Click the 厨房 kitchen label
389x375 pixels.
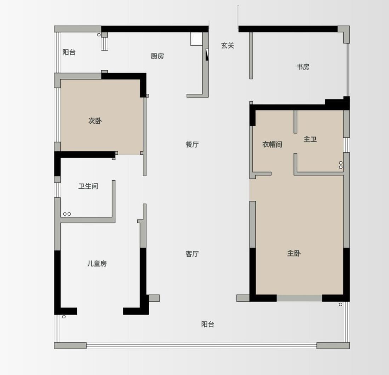tap(157, 56)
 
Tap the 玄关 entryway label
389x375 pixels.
tap(228, 46)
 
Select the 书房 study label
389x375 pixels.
tap(303, 67)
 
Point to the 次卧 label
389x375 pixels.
tap(95, 121)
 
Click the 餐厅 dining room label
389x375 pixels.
tap(192, 145)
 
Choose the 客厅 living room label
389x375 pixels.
tap(192, 254)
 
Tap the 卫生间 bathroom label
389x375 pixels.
tap(88, 186)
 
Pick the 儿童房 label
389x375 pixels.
tap(97, 264)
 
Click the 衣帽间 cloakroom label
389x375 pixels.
tap(273, 145)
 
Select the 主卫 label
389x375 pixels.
tap(310, 140)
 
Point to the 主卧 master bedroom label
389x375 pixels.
tap(294, 253)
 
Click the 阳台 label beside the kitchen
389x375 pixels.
tap(69, 53)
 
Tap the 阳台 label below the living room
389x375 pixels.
tap(208, 324)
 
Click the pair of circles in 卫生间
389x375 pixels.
tap(67, 214)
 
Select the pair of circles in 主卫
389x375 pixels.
tap(341, 165)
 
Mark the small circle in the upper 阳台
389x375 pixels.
tap(99, 35)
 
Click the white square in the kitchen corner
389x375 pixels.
tap(196, 39)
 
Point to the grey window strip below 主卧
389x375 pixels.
tap(299, 298)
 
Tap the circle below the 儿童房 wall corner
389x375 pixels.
tap(64, 317)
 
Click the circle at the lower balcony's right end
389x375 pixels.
tap(341, 304)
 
